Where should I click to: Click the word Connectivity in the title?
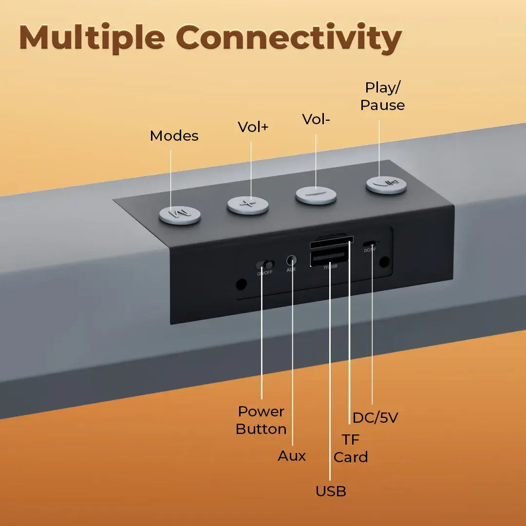click(288, 38)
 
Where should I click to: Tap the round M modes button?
click(180, 215)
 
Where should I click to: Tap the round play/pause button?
click(386, 184)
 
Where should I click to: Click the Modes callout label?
click(174, 136)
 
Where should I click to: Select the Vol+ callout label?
click(253, 127)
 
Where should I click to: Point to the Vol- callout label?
click(316, 119)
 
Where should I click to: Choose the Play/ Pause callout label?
click(382, 96)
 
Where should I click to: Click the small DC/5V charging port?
click(372, 243)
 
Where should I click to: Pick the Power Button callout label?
click(261, 420)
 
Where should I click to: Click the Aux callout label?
click(292, 456)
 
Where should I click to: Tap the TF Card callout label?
click(351, 449)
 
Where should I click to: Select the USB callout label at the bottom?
click(331, 491)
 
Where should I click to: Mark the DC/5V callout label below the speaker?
click(375, 417)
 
